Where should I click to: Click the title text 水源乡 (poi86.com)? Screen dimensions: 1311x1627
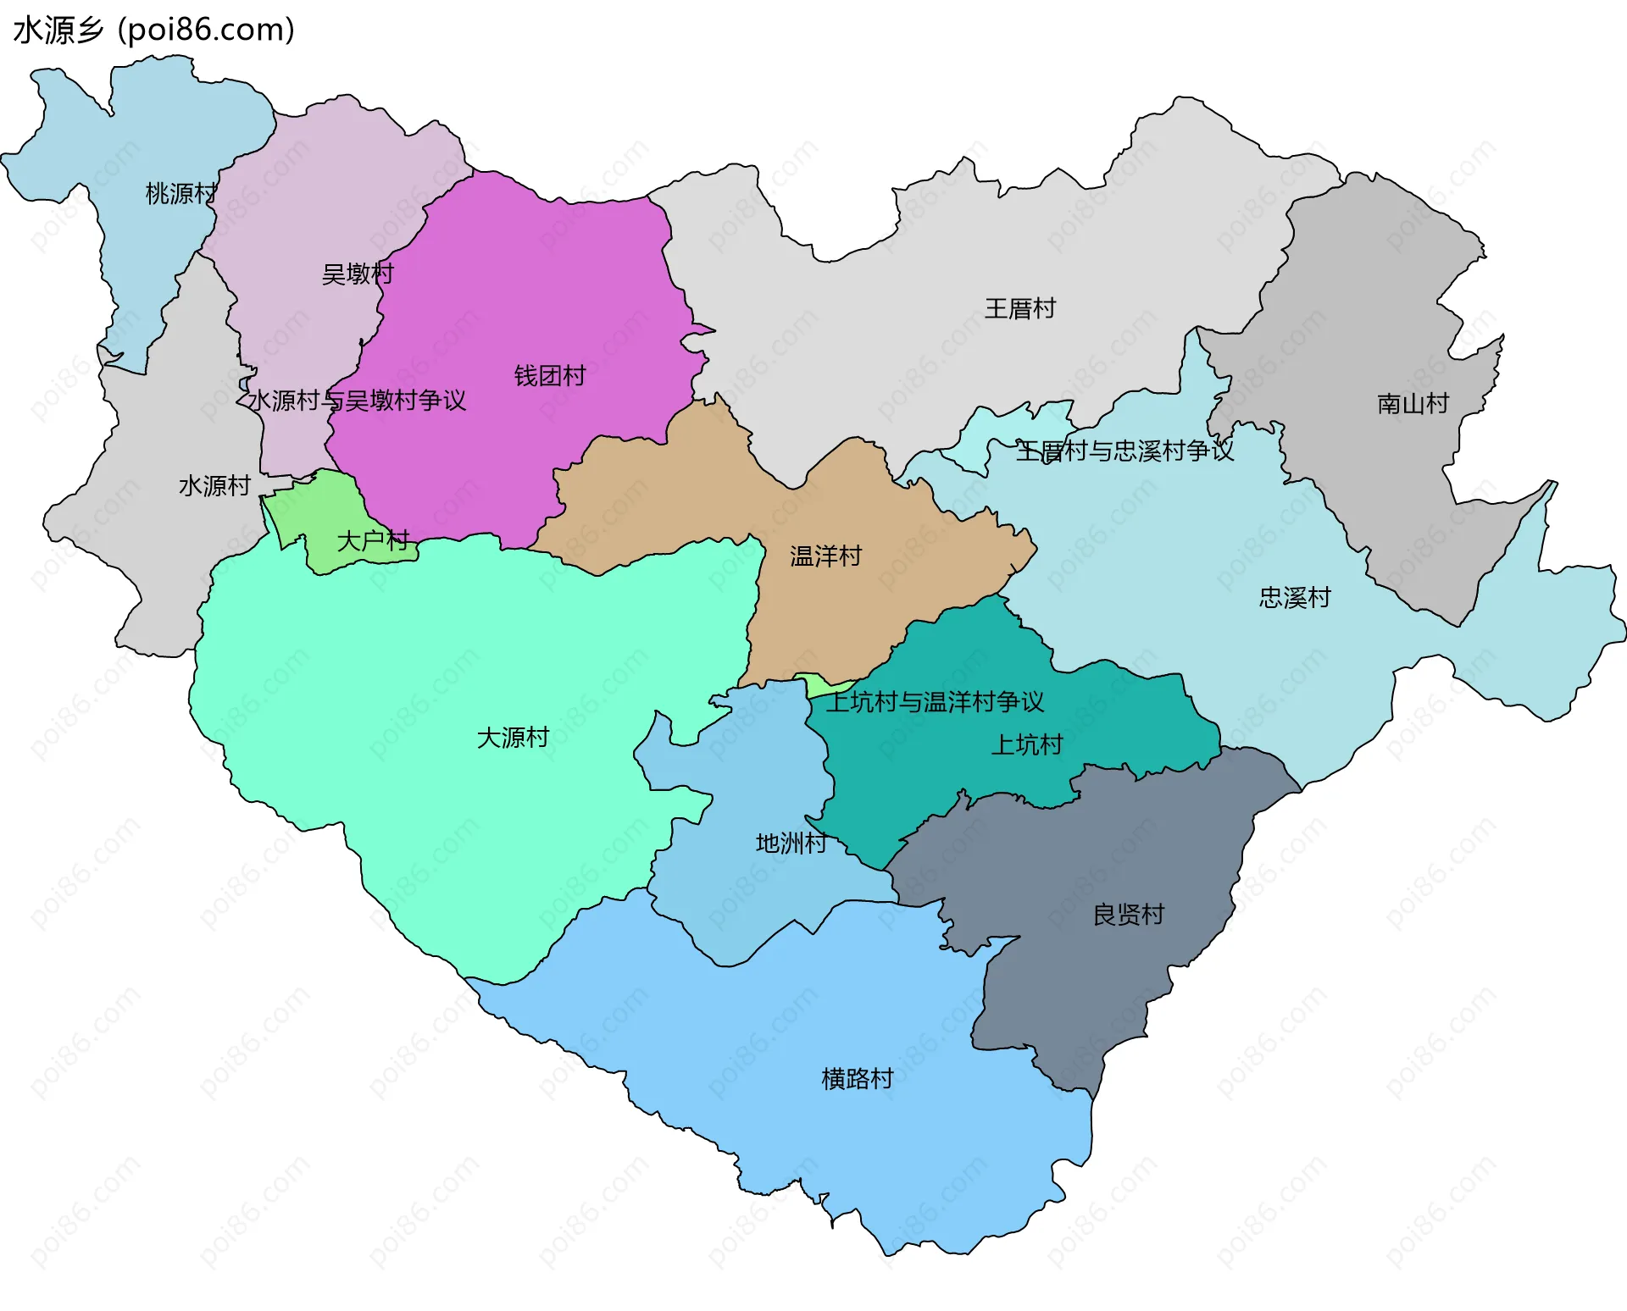pos(153,30)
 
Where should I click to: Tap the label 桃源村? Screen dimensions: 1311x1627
pos(180,194)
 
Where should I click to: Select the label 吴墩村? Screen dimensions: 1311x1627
pos(358,274)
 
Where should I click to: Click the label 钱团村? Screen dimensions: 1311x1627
pos(550,376)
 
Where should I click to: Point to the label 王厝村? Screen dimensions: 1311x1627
pos(1019,309)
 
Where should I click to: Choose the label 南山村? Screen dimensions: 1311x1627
pos(1413,404)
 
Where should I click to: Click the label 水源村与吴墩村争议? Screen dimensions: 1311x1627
pos(356,401)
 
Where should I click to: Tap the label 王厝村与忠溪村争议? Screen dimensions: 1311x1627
pos(1124,451)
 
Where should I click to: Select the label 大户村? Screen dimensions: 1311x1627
pos(373,540)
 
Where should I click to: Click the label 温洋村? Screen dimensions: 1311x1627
pos(825,556)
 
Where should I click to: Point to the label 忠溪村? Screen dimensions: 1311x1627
pos(1294,598)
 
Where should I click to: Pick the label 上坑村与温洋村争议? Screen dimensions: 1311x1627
pos(935,702)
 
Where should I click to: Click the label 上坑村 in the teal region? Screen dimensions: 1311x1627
pos(1026,745)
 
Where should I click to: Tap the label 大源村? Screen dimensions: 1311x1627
pos(513,738)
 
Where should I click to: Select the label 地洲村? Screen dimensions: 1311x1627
pos(791,844)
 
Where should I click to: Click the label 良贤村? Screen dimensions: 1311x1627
pos(1128,915)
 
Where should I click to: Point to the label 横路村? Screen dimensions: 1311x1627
pos(858,1079)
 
